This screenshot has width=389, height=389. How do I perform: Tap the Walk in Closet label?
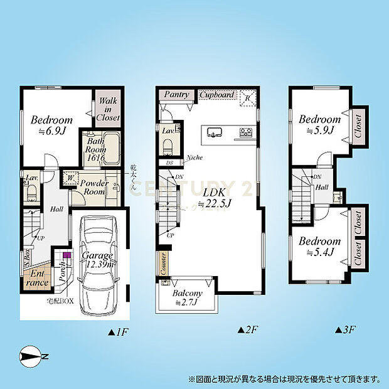point(107,109)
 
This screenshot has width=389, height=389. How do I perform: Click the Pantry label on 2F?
point(176,95)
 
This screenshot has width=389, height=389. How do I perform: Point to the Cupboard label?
point(218,95)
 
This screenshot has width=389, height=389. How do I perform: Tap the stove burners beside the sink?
point(245,132)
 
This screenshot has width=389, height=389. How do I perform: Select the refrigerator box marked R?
point(247,97)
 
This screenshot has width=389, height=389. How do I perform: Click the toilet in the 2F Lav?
point(168,146)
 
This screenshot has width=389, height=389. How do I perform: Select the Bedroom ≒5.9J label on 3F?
point(319,125)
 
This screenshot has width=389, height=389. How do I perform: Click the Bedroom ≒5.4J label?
point(319,247)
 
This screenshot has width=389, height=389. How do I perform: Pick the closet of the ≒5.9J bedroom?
point(358,125)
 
